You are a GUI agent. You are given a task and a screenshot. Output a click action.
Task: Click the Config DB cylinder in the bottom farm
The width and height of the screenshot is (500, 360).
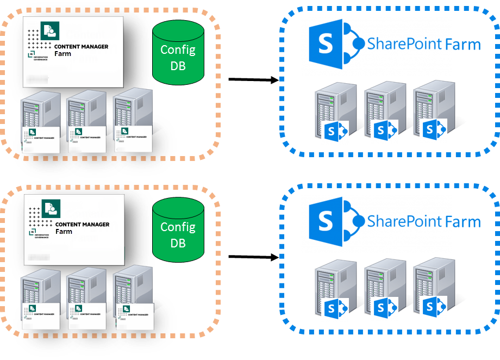pyautogui.click(x=178, y=234)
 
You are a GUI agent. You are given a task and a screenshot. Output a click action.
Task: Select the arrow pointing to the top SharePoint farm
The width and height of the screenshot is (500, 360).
pyautogui.click(x=253, y=80)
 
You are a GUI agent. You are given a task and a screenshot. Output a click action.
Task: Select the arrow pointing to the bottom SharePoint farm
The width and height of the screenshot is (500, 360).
pyautogui.click(x=253, y=257)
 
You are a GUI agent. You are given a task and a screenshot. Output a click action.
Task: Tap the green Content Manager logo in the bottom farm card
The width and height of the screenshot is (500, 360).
pyautogui.click(x=51, y=208)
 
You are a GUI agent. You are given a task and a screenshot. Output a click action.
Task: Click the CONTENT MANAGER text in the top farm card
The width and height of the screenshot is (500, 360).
pyautogui.click(x=81, y=47)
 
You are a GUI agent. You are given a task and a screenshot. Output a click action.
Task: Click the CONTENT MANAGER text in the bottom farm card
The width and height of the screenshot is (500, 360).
pyautogui.click(x=82, y=225)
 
